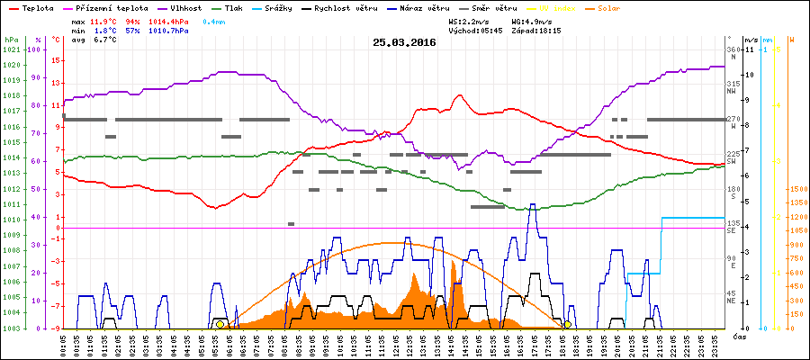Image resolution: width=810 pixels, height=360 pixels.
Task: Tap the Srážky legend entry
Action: tap(293, 7)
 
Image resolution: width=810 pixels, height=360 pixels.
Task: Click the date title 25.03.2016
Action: tap(404, 41)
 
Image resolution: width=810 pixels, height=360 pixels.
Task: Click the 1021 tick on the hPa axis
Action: tap(11, 49)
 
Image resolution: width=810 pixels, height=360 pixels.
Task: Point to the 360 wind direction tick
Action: tap(733, 49)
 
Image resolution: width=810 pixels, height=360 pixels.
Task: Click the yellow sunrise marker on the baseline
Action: tap(220, 324)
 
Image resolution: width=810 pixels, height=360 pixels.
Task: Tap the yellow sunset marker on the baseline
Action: tap(567, 324)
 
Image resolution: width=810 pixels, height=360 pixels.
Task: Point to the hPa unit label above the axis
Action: tap(11, 40)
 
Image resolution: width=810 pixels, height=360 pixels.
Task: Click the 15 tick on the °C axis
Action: tap(56, 60)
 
